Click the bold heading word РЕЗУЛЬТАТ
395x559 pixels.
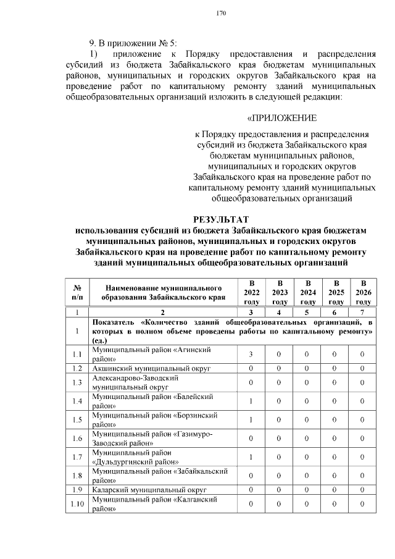[221, 219]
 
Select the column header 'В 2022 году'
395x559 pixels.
[252, 292]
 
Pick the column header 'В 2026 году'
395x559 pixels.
[363, 292]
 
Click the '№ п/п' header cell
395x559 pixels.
[77, 292]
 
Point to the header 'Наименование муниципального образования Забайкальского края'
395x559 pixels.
[164, 292]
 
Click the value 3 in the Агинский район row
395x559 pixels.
[252, 354]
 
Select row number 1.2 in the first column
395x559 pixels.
[77, 368]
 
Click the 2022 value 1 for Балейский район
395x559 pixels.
[252, 401]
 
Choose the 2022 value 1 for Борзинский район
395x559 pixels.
[252, 420]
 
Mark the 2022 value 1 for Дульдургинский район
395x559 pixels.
[252, 457]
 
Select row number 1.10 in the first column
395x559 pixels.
[77, 504]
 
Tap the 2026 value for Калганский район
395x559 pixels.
[363, 504]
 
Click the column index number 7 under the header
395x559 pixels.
[363, 313]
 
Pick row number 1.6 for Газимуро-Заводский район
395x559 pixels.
[77, 439]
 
